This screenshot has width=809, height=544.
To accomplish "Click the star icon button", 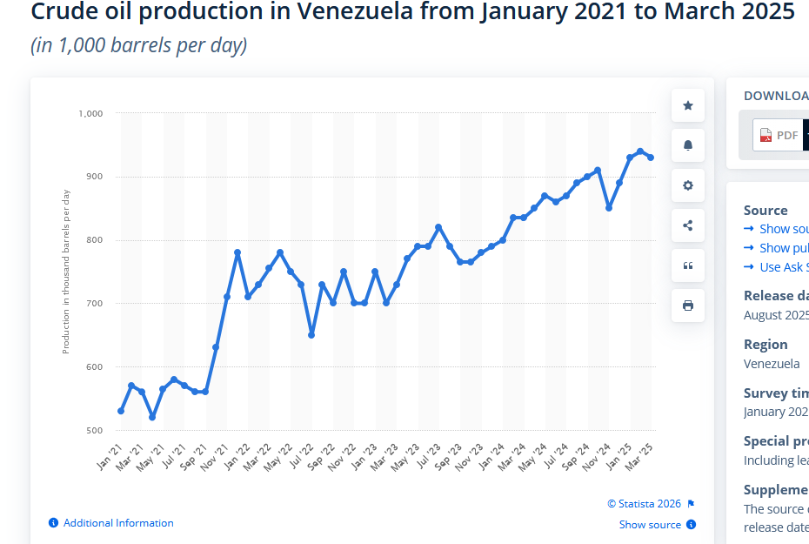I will click(x=688, y=105).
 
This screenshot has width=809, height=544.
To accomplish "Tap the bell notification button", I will click(x=688, y=145).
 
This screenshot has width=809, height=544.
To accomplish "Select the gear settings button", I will click(x=688, y=185).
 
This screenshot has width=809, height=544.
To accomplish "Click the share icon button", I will click(x=688, y=225).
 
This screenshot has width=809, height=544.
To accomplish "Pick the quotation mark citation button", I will click(x=688, y=265).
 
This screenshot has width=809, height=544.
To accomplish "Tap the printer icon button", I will click(x=688, y=306).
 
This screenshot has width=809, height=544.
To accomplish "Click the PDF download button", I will click(x=778, y=135).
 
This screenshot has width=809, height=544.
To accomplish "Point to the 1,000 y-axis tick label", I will click(x=90, y=113).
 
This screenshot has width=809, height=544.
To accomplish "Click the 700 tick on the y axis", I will click(x=94, y=304).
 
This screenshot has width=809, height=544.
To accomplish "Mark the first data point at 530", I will click(x=121, y=411).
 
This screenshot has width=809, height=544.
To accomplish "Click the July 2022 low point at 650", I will click(x=311, y=335).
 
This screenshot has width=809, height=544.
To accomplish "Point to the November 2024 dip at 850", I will click(x=609, y=208).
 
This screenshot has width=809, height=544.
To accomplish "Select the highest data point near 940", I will click(x=640, y=151).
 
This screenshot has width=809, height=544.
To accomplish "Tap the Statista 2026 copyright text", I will click(x=645, y=504).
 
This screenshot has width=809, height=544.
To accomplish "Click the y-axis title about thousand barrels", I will click(x=66, y=272).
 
